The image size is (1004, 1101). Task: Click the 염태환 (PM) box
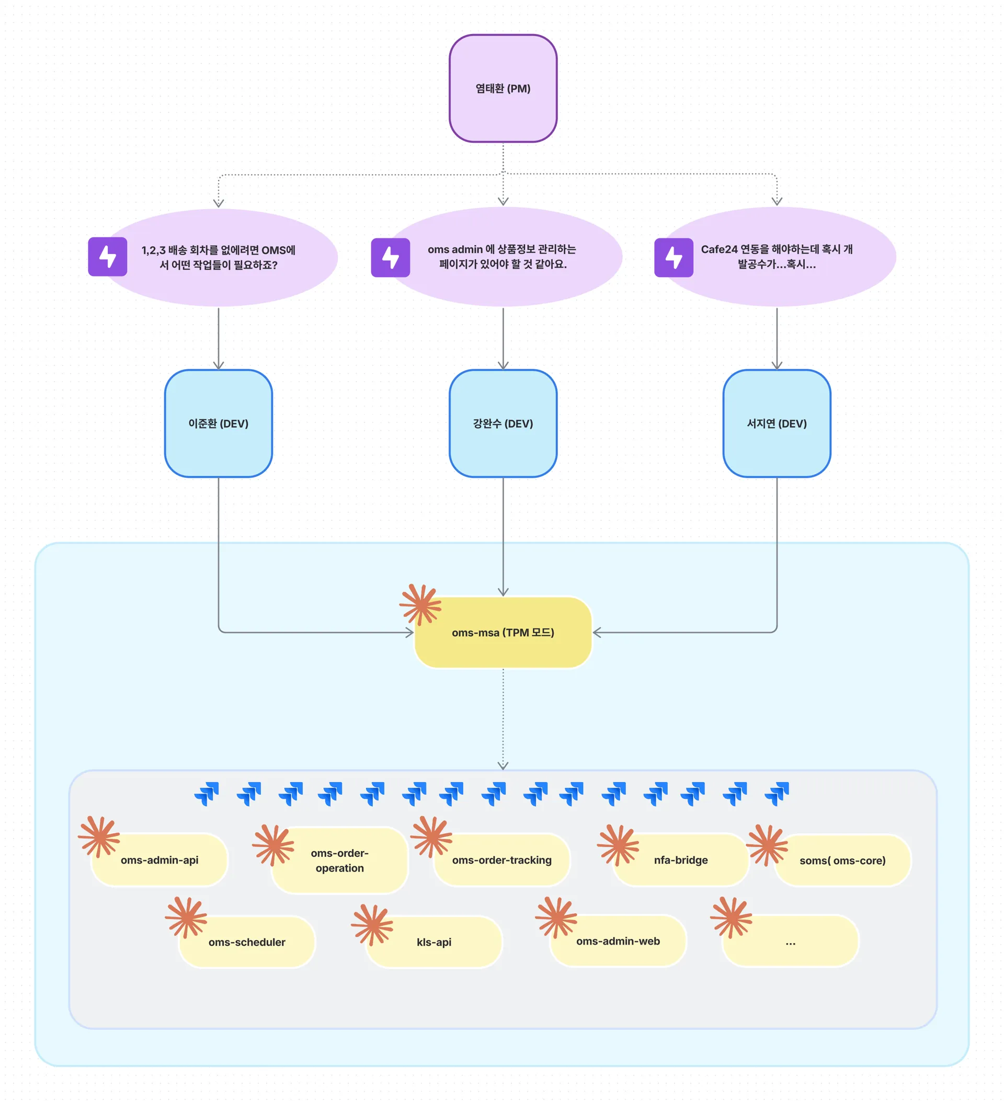503,88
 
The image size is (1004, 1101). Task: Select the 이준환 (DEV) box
219,423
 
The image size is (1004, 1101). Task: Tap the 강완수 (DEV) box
503,423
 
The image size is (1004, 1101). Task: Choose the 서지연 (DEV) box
776,423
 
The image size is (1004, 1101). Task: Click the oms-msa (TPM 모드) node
503,633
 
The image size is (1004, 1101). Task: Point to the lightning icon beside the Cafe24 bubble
674,257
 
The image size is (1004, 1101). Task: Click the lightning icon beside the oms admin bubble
390,257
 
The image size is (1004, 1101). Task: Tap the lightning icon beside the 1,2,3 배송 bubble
108,257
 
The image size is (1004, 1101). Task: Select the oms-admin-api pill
159,860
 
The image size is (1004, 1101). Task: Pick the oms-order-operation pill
340,861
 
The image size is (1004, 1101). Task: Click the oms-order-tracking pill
501,860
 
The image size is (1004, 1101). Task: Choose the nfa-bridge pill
681,860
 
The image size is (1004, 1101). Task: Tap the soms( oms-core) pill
842,861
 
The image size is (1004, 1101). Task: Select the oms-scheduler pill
247,942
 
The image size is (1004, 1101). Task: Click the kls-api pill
434,942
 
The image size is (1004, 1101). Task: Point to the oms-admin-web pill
618,941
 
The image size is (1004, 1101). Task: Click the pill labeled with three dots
790,942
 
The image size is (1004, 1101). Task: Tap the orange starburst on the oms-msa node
420,604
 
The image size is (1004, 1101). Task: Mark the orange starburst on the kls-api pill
372,925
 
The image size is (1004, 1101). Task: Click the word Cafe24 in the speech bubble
719,249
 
